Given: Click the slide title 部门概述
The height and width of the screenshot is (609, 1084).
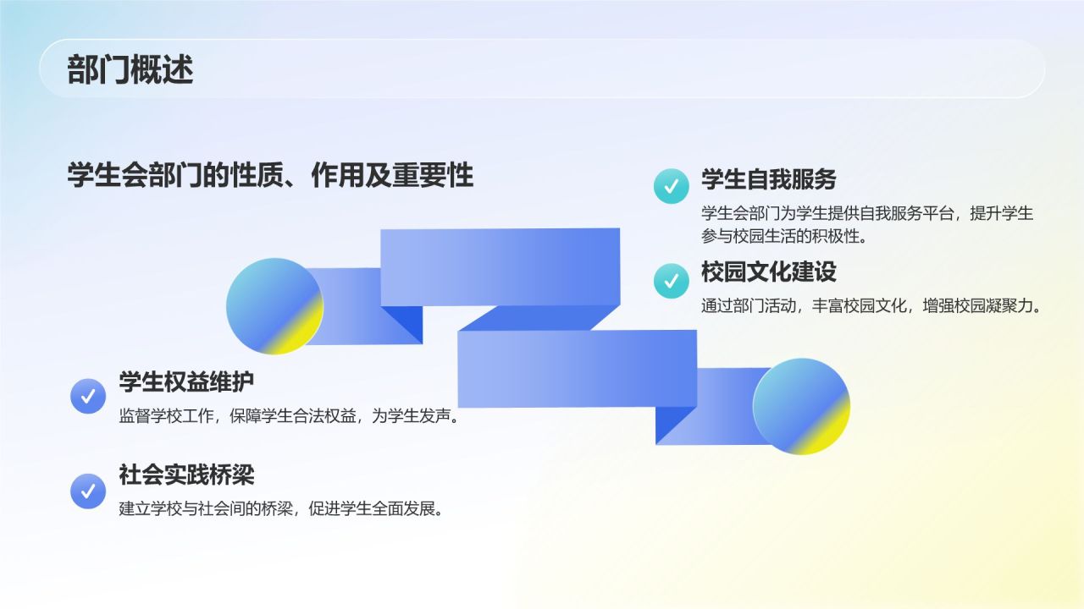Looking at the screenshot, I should tap(130, 69).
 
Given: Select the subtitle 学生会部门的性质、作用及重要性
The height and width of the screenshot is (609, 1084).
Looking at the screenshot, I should tap(270, 175).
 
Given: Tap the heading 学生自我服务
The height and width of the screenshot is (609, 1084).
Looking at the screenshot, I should tap(768, 179).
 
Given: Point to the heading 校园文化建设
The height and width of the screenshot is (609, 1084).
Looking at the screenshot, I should tap(768, 272).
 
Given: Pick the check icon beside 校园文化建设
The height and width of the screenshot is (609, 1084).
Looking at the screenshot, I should tap(671, 280).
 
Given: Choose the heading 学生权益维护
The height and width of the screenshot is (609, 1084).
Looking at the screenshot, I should tap(186, 381).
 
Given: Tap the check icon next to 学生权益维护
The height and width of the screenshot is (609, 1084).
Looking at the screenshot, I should tap(87, 395).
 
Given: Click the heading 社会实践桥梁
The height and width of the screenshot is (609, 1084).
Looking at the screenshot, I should tap(186, 475).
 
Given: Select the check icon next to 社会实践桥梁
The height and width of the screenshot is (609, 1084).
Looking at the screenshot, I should tap(87, 490).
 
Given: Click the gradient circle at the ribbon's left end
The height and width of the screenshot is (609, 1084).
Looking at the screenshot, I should tap(274, 306).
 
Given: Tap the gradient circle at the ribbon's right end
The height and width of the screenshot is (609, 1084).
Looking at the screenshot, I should tap(801, 406).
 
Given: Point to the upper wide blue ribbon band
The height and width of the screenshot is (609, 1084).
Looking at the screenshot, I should tap(500, 266).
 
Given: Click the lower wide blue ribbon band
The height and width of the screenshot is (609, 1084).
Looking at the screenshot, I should tap(577, 368).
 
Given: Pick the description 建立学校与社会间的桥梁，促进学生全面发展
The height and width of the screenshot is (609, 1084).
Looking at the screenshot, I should tap(281, 509).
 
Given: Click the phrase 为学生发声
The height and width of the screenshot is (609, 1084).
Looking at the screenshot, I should tap(423, 416).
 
